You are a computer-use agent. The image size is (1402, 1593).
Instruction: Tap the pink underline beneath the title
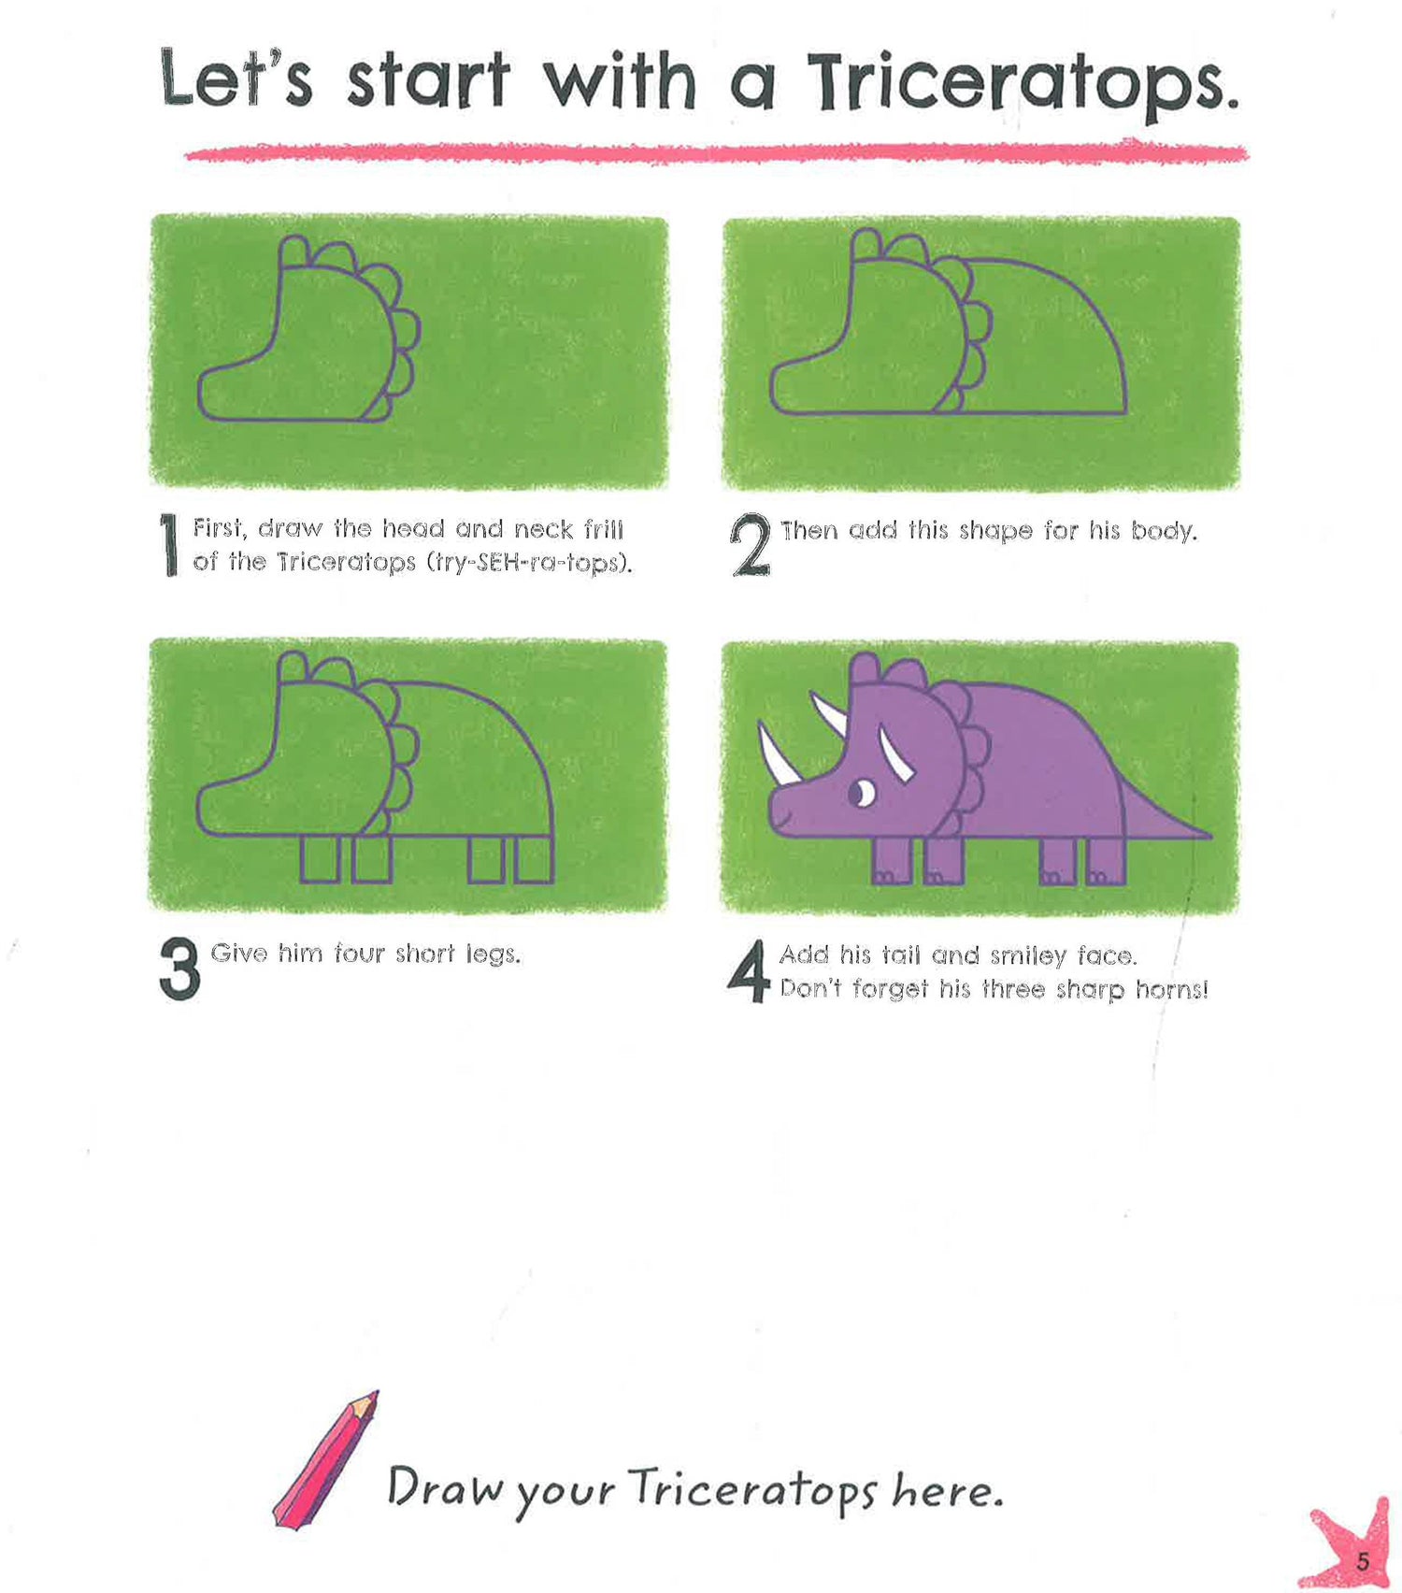click(716, 152)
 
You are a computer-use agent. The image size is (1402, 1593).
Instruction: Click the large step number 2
click(751, 545)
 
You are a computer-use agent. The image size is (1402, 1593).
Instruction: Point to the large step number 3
click(179, 969)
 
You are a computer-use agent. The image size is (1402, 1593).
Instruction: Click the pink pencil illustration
click(325, 1459)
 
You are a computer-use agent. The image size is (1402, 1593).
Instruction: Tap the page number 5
click(1363, 1561)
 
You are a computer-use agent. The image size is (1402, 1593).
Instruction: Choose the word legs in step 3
click(493, 954)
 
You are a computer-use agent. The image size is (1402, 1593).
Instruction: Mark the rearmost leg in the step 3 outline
click(535, 859)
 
